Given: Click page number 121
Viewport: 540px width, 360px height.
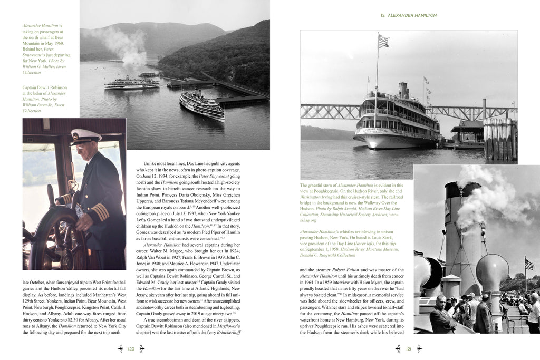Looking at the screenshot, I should (x=408, y=348).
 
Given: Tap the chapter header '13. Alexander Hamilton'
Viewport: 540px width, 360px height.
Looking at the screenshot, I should (x=408, y=15).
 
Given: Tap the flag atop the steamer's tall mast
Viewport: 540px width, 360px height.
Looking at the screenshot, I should (x=383, y=41).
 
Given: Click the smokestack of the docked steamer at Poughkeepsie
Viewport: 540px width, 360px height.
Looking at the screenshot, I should (x=403, y=91).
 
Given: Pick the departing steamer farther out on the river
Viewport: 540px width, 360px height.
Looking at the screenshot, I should (x=132, y=83).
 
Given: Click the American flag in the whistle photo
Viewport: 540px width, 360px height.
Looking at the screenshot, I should (x=529, y=263).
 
